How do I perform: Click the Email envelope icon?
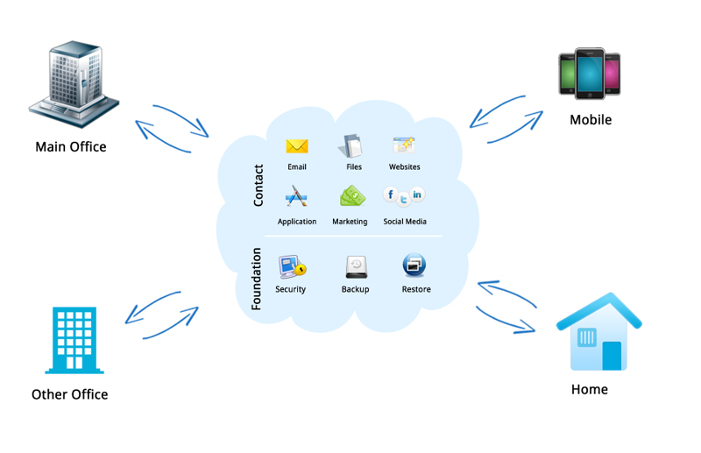(x=297, y=146)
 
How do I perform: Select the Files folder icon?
(x=352, y=145)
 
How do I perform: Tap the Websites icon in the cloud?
(x=404, y=145)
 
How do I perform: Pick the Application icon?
(x=296, y=197)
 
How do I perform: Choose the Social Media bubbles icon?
(x=404, y=196)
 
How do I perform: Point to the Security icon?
(x=291, y=266)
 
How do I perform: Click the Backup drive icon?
(x=355, y=266)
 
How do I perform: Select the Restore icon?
(x=414, y=265)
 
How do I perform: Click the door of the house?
(x=612, y=355)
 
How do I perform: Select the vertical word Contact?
(x=258, y=186)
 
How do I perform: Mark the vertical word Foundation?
(x=258, y=279)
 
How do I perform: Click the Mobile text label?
(x=591, y=120)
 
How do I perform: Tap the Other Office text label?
(x=69, y=394)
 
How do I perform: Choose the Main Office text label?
(x=70, y=146)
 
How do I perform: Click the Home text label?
(x=589, y=389)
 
